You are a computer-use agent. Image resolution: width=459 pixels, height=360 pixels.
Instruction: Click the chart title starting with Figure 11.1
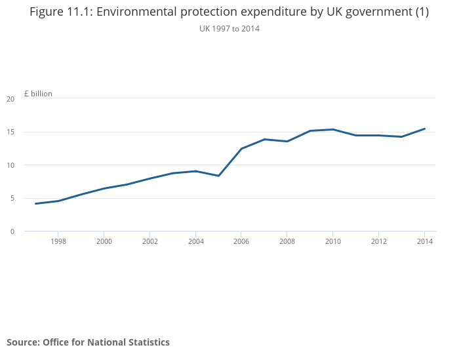(x=229, y=12)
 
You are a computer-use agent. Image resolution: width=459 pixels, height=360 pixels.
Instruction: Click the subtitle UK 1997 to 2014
(x=229, y=29)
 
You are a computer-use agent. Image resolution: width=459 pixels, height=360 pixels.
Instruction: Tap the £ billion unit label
(x=38, y=94)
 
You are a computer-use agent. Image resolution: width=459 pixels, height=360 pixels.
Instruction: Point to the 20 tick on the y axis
(x=10, y=99)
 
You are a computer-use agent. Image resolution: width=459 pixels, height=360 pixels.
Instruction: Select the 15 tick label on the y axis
(x=10, y=132)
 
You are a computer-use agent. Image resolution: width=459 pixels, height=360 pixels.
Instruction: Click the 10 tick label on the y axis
(x=10, y=165)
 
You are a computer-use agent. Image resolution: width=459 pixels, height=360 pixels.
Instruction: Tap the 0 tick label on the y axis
(x=12, y=231)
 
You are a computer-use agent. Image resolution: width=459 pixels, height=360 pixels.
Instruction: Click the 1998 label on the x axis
(x=58, y=241)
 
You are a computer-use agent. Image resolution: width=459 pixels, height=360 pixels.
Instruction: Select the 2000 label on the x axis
(x=104, y=241)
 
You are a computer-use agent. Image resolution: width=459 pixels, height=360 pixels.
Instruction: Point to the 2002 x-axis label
(x=150, y=241)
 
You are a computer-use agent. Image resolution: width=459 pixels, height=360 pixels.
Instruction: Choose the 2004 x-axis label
(x=195, y=241)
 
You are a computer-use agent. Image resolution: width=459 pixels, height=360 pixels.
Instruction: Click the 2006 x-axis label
(x=241, y=241)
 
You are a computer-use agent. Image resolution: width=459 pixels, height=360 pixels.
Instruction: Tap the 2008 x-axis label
(x=287, y=241)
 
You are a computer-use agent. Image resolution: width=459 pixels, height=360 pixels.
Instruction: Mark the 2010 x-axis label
(x=333, y=241)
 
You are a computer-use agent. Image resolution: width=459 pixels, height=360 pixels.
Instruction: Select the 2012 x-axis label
(x=378, y=241)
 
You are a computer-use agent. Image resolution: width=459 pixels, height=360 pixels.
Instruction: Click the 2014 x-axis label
(x=424, y=241)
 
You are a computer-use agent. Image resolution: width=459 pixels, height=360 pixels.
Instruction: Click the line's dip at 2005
(x=218, y=176)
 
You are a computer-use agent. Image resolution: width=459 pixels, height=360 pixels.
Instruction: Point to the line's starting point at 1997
(x=35, y=204)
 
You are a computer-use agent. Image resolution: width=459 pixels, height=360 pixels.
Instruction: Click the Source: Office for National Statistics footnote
(x=88, y=342)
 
